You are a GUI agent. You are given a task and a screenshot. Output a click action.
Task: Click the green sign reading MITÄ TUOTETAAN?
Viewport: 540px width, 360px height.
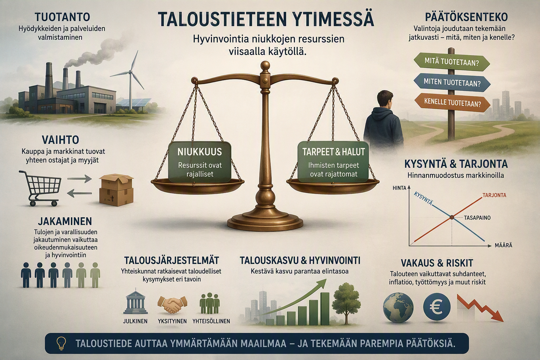tap(452, 62)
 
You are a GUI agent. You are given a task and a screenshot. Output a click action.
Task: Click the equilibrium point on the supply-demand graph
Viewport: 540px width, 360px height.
tap(452, 218)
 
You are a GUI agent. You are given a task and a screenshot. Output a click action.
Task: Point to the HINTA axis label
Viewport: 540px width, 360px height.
tap(399, 188)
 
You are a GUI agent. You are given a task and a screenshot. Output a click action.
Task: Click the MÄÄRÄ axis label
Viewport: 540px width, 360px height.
tap(503, 245)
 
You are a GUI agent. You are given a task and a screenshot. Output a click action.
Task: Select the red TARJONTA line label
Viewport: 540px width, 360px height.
tap(494, 195)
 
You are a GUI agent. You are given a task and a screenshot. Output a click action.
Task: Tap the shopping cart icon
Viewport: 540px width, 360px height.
tap(40, 188)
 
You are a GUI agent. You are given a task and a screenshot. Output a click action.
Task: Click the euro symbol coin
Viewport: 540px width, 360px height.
tap(437, 307)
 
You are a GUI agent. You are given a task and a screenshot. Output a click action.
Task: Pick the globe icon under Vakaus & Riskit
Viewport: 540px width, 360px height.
tap(398, 307)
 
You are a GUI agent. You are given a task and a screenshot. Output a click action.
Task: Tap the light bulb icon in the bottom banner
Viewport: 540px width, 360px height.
tap(61, 343)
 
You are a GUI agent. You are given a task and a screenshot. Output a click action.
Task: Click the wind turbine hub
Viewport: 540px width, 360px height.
tap(130, 72)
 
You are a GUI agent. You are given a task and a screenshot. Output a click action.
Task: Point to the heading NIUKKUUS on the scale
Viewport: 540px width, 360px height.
tap(200, 152)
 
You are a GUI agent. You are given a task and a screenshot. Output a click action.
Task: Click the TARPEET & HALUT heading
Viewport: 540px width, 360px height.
tap(333, 152)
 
